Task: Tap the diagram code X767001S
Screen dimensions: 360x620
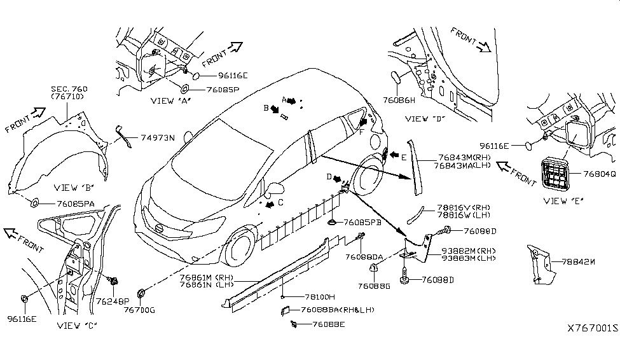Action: pyautogui.click(x=593, y=329)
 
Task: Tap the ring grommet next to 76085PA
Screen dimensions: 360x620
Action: pyautogui.click(x=36, y=203)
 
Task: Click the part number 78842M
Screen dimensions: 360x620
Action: pyautogui.click(x=579, y=261)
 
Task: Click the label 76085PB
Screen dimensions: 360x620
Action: pyautogui.click(x=364, y=223)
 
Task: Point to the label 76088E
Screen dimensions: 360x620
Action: pyautogui.click(x=327, y=324)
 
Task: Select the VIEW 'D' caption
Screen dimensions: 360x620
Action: pyautogui.click(x=425, y=118)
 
